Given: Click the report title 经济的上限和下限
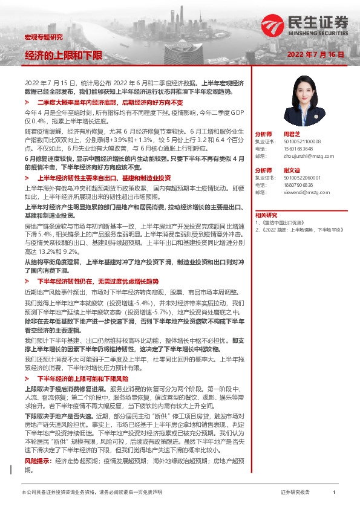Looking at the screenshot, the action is tap(64, 55).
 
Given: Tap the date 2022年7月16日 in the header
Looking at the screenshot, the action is tap(315, 54).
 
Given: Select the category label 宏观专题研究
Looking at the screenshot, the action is tap(43, 37).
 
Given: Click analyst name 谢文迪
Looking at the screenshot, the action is tap(292, 170).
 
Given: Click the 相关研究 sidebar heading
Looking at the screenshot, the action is tap(266, 215).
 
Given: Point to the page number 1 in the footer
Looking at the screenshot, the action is tap(334, 493).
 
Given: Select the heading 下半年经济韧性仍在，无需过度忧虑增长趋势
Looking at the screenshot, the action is tap(98, 282).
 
